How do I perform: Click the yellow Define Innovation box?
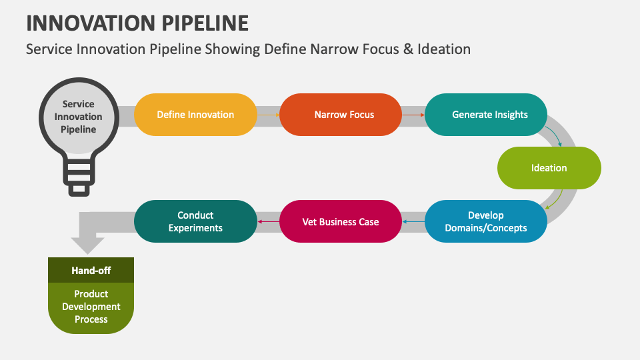coord(195,115)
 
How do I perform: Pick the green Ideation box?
coord(549,168)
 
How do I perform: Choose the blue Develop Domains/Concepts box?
coord(486,221)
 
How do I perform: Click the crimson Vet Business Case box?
coord(341,221)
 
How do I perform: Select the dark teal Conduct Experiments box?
coord(195,221)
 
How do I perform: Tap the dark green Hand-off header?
coord(91,271)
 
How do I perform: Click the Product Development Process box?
coord(91,307)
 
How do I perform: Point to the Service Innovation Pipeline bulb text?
coord(79,117)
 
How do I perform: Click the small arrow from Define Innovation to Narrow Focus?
coord(268,115)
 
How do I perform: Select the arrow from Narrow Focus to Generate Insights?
coord(413,115)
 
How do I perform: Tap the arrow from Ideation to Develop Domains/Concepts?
coord(555,200)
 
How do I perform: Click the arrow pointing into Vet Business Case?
coord(413,221)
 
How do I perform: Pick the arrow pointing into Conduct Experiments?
coord(268,221)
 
